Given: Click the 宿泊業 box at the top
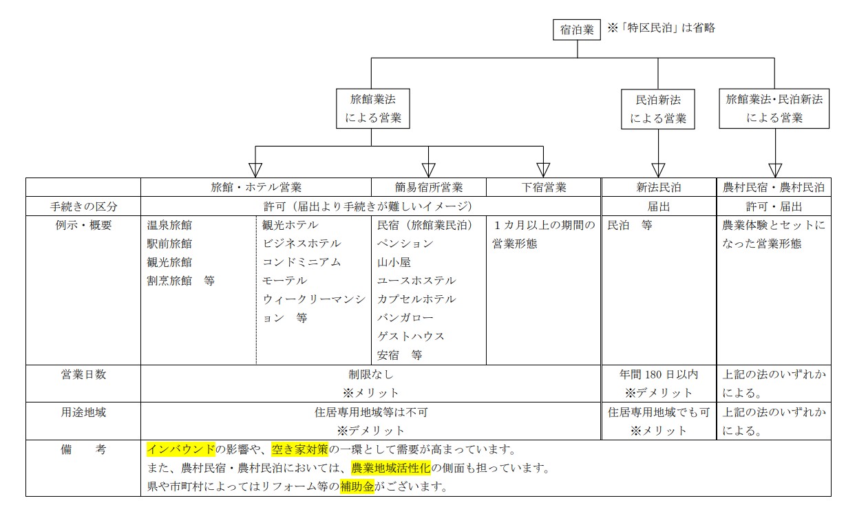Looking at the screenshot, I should click(x=577, y=30).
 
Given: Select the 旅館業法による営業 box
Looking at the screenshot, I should click(x=372, y=108).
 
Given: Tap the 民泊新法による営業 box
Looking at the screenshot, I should click(x=658, y=109).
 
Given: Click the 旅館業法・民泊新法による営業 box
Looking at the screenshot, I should click(x=774, y=108).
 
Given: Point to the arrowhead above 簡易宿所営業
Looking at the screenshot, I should click(x=429, y=169).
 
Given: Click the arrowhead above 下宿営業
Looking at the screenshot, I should click(x=543, y=169).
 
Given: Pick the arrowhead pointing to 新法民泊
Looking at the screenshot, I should click(x=658, y=169).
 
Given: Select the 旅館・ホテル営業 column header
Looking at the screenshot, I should click(x=256, y=187).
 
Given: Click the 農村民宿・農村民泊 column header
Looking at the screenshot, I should click(x=774, y=187).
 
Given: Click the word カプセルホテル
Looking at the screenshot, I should click(x=416, y=299).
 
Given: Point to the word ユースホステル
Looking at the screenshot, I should click(x=416, y=281).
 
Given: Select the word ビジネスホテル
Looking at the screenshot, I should click(x=302, y=244).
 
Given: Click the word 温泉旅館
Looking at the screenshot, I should click(x=169, y=225).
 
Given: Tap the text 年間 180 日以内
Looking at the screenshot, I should click(x=658, y=374).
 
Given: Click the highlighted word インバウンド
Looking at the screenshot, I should click(x=181, y=450).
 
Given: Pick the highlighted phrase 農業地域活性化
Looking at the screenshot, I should click(x=391, y=469).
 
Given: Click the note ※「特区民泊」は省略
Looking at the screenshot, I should click(x=662, y=28).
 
